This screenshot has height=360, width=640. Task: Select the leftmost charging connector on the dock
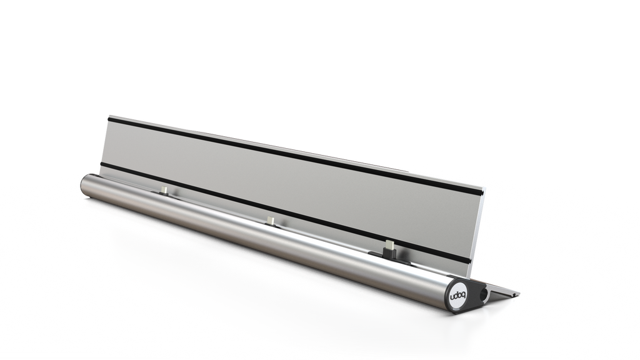164,189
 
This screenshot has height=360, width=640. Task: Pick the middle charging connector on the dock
271,219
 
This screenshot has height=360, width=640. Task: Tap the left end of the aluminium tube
82,186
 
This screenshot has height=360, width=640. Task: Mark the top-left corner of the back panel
109,115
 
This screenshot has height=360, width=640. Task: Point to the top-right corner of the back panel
484,187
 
